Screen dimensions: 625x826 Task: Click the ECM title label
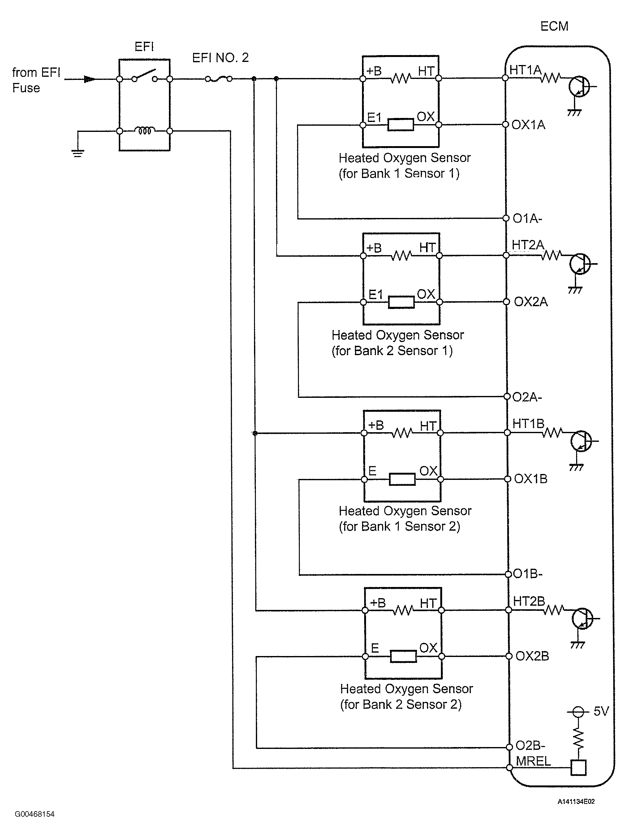(554, 26)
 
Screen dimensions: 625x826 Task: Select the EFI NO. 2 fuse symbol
(219, 79)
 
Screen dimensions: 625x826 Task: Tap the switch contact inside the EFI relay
(144, 76)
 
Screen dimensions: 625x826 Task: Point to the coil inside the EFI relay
(145, 131)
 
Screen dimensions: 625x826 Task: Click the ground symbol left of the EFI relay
(78, 154)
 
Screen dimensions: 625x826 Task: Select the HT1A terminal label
(525, 70)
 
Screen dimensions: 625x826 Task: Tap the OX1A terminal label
(528, 125)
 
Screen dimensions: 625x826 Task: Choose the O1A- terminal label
(527, 219)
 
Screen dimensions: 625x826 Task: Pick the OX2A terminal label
(531, 302)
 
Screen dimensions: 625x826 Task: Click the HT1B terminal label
(528, 424)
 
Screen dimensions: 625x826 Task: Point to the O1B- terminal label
(528, 574)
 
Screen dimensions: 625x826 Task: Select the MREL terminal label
(533, 761)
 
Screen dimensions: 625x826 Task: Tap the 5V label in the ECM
(601, 711)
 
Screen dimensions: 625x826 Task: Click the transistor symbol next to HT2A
(580, 264)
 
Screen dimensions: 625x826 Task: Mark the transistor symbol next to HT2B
(582, 619)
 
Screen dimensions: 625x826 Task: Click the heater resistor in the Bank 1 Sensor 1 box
(401, 79)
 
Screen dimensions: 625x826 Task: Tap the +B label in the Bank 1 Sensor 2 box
(376, 425)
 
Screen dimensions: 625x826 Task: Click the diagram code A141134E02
(576, 801)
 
